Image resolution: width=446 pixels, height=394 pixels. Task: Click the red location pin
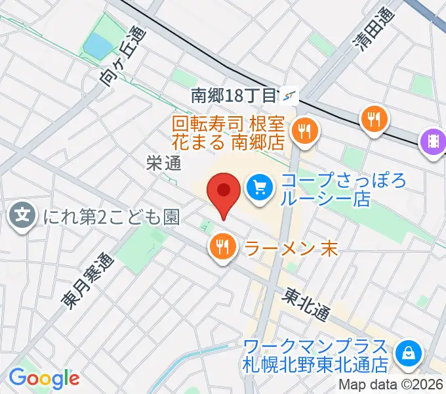click(x=224, y=191)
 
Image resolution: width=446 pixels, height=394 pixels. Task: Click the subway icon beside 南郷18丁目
click(x=289, y=96)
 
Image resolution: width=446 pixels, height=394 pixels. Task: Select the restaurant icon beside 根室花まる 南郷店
click(x=304, y=131)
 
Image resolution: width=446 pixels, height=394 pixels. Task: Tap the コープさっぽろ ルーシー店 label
click(x=325, y=189)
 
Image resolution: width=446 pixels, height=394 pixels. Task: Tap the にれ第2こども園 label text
click(x=111, y=216)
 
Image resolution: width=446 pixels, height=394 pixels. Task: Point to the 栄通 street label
click(x=163, y=164)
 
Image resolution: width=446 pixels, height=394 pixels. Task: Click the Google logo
click(x=44, y=378)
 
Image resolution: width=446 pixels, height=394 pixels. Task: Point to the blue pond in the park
click(x=98, y=45)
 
